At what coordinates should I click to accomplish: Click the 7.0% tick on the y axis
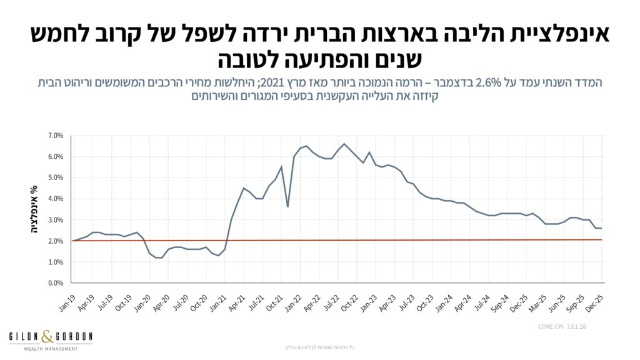[55, 135]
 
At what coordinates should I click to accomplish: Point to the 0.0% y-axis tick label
[55, 283]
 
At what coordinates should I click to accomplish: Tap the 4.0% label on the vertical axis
[55, 199]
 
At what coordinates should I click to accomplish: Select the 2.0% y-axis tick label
[55, 241]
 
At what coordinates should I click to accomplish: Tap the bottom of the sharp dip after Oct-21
[287, 206]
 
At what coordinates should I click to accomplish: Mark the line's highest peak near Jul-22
[344, 144]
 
